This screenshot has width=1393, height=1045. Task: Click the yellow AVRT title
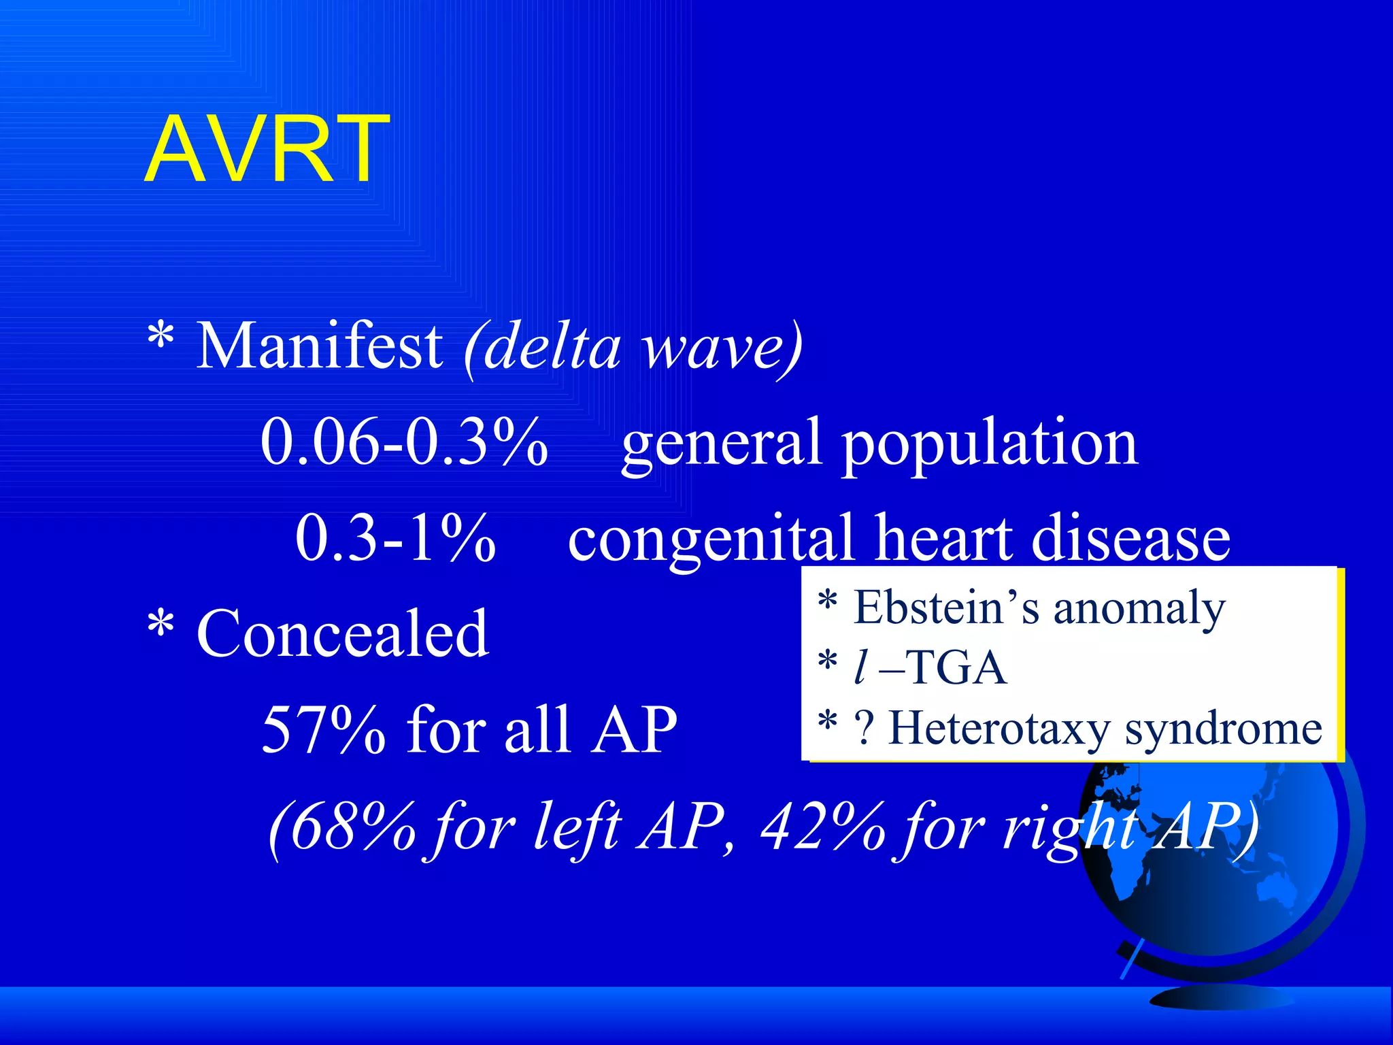pyautogui.click(x=267, y=149)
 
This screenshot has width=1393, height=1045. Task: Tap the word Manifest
pyautogui.click(x=319, y=346)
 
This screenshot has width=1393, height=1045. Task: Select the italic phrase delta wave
pyautogui.click(x=633, y=348)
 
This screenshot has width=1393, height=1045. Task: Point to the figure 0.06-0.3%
pyautogui.click(x=404, y=442)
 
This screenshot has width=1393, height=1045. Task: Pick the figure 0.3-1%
pyautogui.click(x=395, y=538)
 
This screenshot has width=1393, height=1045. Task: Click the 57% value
pyautogui.click(x=323, y=729)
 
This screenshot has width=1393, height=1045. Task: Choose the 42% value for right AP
pyautogui.click(x=824, y=826)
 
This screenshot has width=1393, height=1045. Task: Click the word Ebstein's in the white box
pyautogui.click(x=946, y=607)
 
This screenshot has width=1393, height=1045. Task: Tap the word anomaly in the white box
pyautogui.click(x=1139, y=610)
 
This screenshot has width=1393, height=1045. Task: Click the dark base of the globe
pyautogui.click(x=1221, y=997)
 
